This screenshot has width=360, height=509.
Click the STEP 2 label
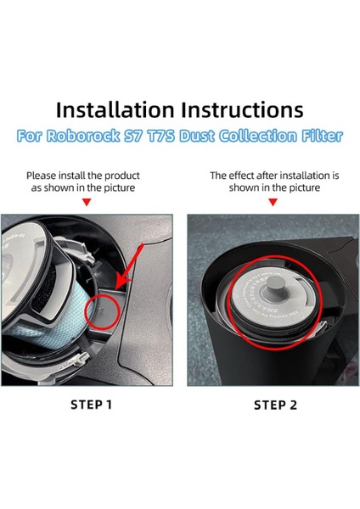click(276, 405)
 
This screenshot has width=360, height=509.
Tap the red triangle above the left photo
click(87, 202)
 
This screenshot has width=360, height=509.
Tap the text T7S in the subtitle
click(179, 135)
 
